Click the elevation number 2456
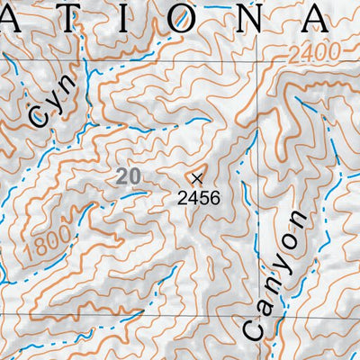(199, 194)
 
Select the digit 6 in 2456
(214, 194)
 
